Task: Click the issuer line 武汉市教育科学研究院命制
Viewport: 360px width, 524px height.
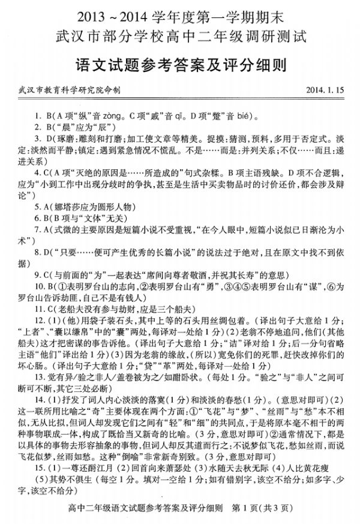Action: coord(70,89)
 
